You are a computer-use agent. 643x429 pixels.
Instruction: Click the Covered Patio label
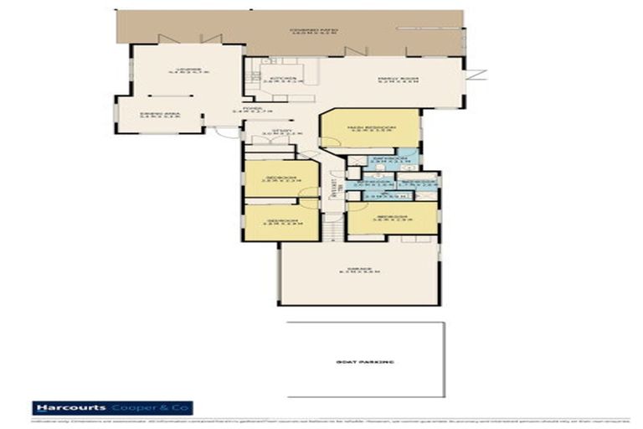[314, 29]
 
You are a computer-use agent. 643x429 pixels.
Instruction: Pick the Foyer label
[249, 109]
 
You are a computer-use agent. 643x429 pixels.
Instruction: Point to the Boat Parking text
[364, 361]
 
